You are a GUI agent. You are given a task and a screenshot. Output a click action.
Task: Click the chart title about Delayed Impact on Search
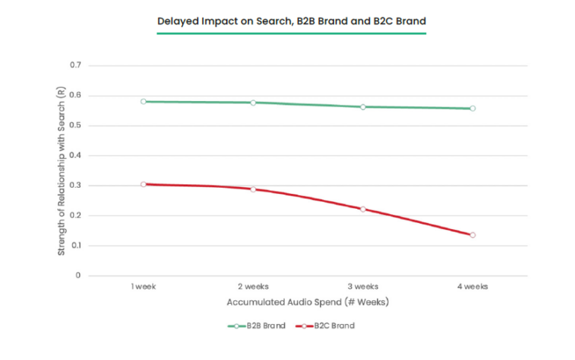click(x=291, y=21)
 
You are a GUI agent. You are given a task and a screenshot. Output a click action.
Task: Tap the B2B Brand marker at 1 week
click(x=144, y=101)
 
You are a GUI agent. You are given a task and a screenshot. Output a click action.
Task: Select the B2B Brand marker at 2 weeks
click(x=253, y=103)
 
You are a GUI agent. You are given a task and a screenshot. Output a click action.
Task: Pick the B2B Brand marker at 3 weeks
click(x=363, y=107)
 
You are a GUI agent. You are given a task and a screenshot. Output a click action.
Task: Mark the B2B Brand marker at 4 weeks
click(x=472, y=109)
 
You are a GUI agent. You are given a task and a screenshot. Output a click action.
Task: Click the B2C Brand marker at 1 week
click(x=144, y=184)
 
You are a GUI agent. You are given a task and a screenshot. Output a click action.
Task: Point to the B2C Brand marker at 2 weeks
click(x=253, y=189)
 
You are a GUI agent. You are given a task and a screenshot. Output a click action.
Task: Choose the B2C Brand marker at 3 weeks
click(x=363, y=210)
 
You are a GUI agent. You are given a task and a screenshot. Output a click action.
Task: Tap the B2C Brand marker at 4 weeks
click(x=472, y=235)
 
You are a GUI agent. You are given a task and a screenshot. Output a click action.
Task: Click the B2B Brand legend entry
click(x=257, y=326)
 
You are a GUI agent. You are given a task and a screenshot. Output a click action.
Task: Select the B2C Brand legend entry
click(x=326, y=326)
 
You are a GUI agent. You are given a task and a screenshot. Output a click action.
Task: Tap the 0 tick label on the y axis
click(x=77, y=275)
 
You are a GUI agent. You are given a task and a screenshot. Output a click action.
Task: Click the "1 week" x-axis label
click(x=143, y=287)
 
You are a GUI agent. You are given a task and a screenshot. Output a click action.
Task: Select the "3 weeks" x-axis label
click(x=363, y=287)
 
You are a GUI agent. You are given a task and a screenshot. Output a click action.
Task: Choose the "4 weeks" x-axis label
click(x=472, y=287)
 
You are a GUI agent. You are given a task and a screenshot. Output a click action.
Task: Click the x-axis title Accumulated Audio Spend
click(x=308, y=302)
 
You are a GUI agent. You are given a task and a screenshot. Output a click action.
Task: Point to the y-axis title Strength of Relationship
click(x=61, y=171)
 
